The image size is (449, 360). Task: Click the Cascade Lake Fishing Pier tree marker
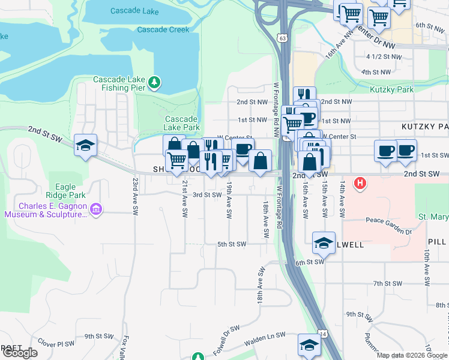pos(155,82)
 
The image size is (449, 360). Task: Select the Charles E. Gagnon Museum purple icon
pos(96,209)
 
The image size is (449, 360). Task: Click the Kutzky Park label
pos(391,90)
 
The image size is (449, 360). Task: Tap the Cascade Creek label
pos(163,29)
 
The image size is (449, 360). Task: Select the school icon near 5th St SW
pos(324,243)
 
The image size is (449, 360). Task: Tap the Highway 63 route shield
pos(282,38)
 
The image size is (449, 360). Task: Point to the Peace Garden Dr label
pos(385,230)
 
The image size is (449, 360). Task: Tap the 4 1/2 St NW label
pos(383,57)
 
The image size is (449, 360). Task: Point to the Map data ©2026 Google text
pos(411,355)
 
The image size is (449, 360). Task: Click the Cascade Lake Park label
pos(182,123)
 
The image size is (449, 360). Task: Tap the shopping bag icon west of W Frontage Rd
pos(261,161)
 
